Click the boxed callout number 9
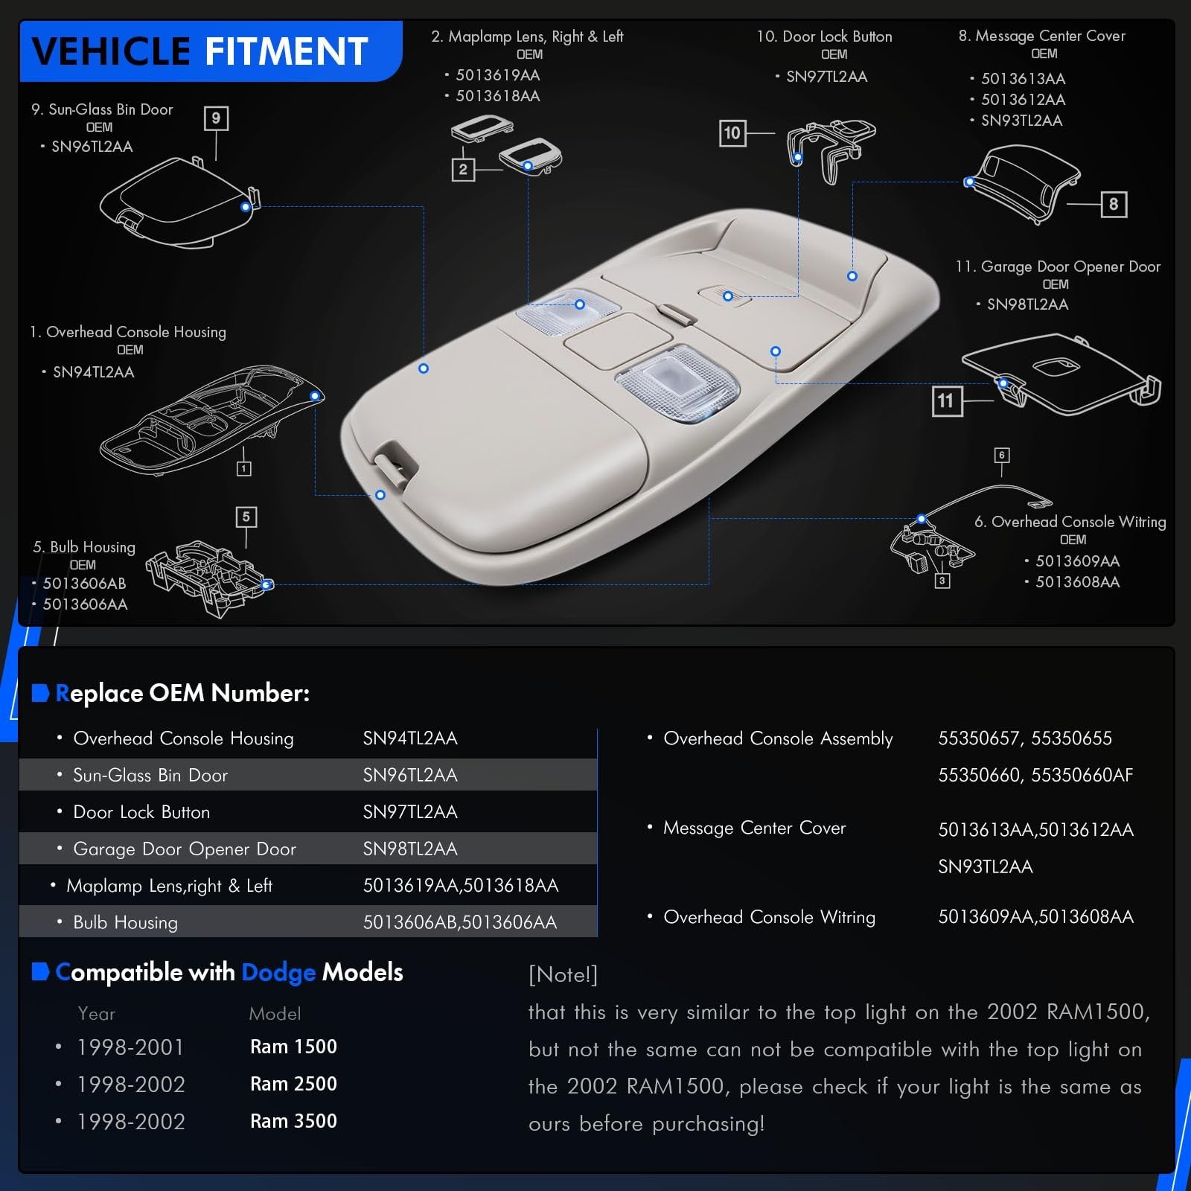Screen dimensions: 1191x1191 coord(216,118)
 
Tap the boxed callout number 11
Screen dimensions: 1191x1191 coord(947,401)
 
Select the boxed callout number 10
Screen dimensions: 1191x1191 coord(732,133)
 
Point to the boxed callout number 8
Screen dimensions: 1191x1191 coord(1114,204)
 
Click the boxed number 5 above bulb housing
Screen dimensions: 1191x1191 coord(246,517)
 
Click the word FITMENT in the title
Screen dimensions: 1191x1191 coord(286,51)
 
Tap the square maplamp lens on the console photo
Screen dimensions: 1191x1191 coord(677,378)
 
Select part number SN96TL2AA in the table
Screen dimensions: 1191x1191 coord(410,775)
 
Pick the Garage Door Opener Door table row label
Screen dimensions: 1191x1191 coord(185,849)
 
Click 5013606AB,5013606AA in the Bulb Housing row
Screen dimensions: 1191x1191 coord(460,922)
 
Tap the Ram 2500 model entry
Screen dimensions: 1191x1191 coord(293,1084)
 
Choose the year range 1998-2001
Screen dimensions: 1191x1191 coord(130,1047)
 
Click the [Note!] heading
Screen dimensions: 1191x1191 coord(563,974)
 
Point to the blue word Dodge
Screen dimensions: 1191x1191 coord(278,973)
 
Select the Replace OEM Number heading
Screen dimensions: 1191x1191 coord(182,693)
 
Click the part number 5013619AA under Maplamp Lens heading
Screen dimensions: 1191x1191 coord(498,75)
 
